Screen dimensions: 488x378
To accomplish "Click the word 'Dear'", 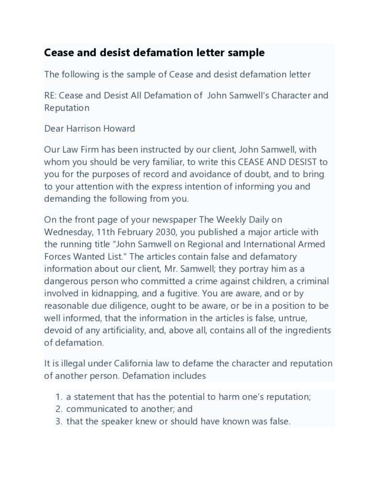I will (54, 128).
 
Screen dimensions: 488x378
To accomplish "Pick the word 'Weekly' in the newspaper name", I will (231, 220).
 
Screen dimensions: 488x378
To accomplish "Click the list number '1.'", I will (59, 397).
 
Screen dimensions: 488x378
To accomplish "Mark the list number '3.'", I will (59, 422).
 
